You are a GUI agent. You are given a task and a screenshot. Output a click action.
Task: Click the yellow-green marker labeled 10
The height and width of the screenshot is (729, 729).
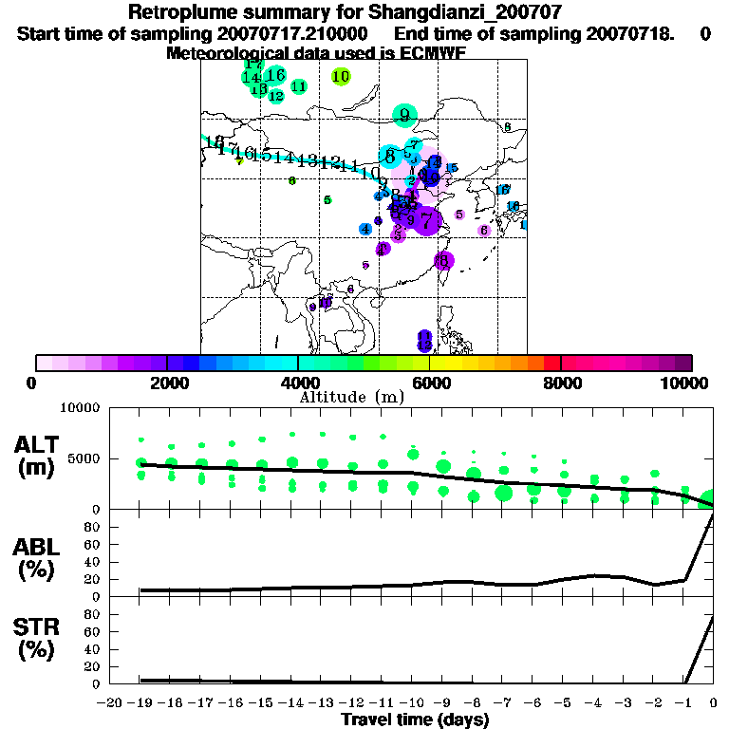(342, 76)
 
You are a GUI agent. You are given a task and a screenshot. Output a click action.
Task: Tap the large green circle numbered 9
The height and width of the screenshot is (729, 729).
(405, 115)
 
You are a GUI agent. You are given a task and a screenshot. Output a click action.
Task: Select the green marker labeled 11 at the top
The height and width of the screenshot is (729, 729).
(299, 86)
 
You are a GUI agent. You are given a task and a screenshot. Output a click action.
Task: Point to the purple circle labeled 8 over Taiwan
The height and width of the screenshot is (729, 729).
(442, 260)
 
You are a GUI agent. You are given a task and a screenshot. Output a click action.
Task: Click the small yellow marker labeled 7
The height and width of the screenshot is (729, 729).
(240, 161)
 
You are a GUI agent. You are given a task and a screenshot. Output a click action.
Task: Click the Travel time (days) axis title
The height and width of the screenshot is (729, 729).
(415, 720)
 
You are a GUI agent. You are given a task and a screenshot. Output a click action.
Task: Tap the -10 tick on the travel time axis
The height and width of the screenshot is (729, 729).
(412, 702)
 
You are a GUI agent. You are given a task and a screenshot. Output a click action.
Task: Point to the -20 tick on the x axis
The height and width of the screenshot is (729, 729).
(111, 702)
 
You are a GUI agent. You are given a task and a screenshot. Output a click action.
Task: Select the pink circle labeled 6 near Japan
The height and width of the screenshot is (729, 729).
(484, 230)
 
